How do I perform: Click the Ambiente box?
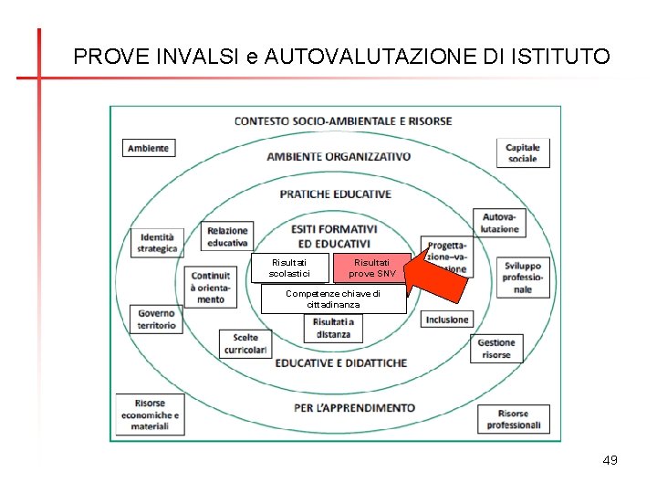point(148,148)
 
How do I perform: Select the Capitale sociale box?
point(523,152)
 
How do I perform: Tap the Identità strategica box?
point(158,242)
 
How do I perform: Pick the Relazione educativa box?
point(227,236)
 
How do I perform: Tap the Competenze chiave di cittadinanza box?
point(333,299)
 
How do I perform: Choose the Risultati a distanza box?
point(332,328)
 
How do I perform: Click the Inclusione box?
point(447,320)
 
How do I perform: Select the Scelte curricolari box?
point(245,344)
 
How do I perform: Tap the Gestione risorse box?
point(497,349)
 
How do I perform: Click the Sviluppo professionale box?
point(522,278)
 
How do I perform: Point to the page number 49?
point(610,460)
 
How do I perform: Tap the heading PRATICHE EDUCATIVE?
point(335,194)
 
